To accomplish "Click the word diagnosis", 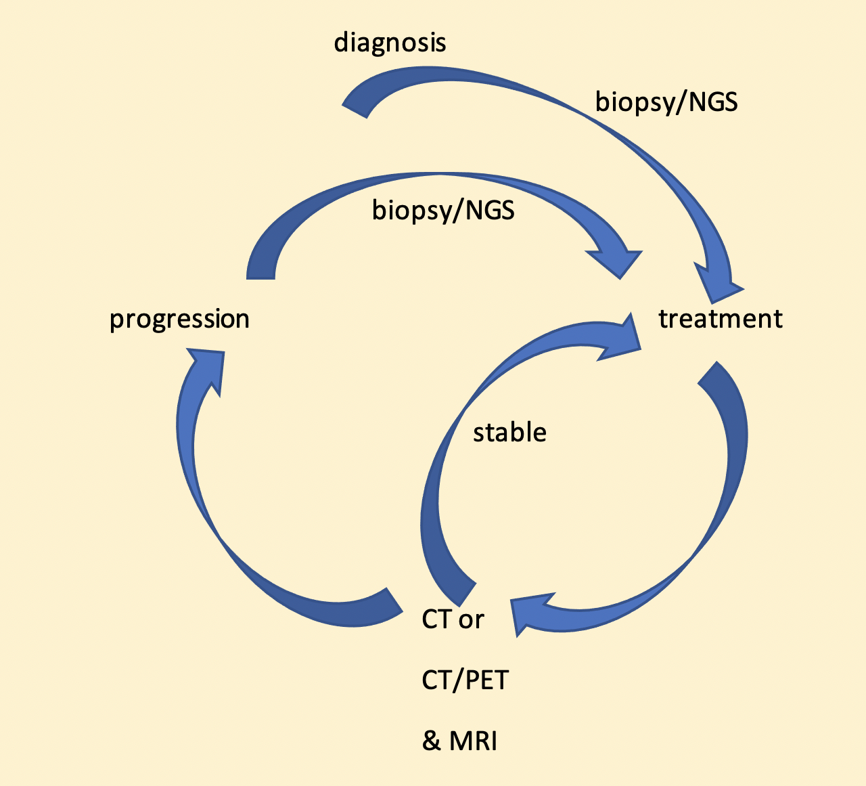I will (390, 43).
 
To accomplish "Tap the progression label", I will (179, 319).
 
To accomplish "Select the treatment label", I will (721, 319).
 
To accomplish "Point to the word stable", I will (509, 433).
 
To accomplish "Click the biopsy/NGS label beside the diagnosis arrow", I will (666, 102).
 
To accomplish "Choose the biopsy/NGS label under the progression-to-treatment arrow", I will (443, 211).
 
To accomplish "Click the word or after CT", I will (471, 619).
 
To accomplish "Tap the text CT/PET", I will (465, 680).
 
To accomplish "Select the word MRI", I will (473, 741).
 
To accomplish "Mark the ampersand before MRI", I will (431, 741).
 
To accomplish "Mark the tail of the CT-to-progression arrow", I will (392, 603).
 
